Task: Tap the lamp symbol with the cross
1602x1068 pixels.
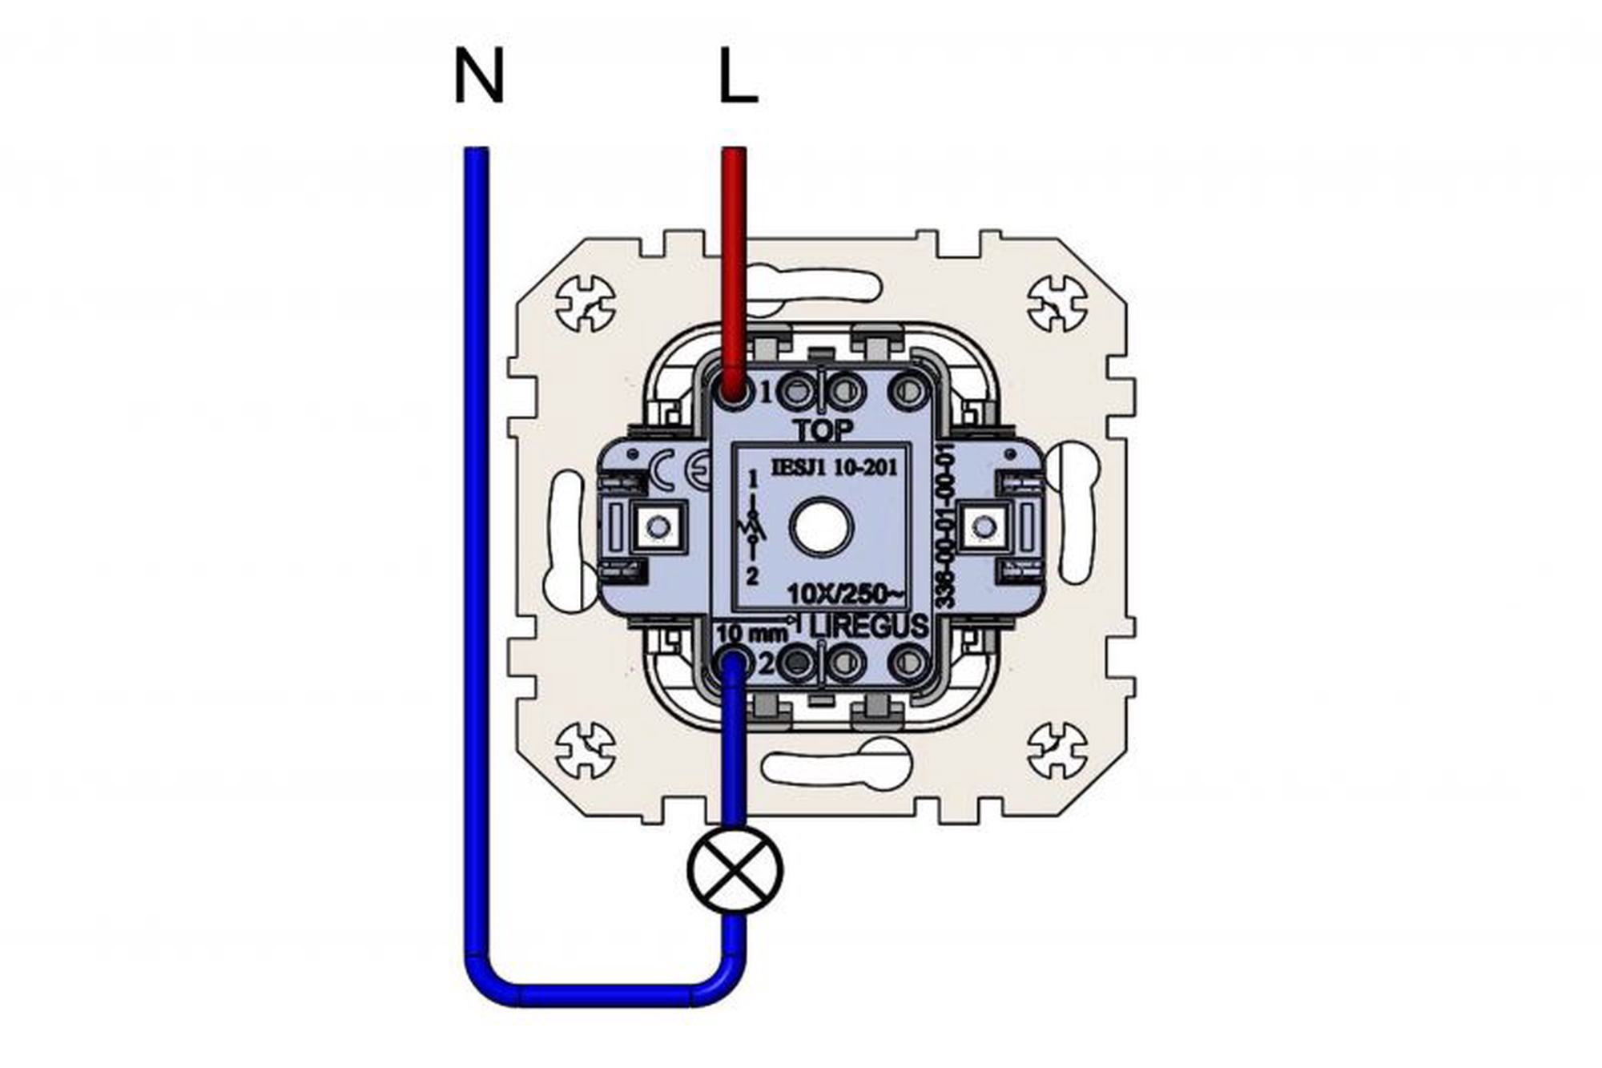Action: tap(735, 871)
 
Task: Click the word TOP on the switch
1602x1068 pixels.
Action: tap(823, 430)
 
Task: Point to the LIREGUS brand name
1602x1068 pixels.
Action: tap(869, 627)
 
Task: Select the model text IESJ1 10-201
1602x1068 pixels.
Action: tap(833, 467)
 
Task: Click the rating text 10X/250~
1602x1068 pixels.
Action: tap(846, 594)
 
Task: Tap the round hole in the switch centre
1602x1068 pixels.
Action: tap(820, 528)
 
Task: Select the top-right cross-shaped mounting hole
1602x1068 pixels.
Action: tap(1057, 304)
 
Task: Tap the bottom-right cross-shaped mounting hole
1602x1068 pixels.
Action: tap(1057, 750)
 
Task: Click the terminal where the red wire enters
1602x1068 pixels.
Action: tap(732, 392)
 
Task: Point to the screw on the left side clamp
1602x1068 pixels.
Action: tap(658, 526)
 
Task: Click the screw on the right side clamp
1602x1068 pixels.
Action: tap(984, 526)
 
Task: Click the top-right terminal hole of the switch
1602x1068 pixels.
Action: tap(908, 392)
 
